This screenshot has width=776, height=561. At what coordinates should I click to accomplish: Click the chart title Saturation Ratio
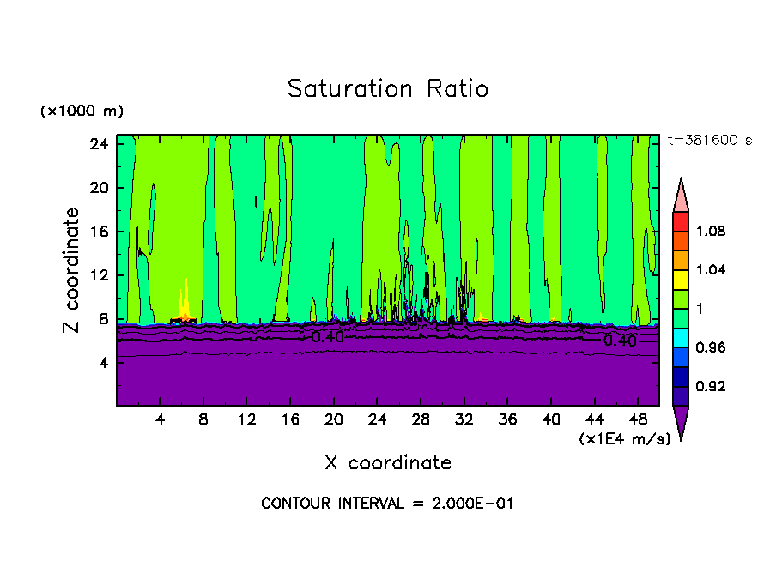tap(387, 89)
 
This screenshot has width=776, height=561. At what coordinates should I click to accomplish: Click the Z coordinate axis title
tap(72, 270)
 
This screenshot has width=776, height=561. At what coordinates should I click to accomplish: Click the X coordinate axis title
tap(387, 463)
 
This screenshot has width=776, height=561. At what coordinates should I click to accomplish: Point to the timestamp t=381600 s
tap(709, 141)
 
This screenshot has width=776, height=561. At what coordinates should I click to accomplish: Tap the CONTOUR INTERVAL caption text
tap(387, 504)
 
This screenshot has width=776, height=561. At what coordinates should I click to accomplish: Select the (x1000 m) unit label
tap(82, 112)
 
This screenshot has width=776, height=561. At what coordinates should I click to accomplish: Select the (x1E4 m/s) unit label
tap(624, 439)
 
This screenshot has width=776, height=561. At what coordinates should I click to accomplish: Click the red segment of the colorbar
tap(681, 220)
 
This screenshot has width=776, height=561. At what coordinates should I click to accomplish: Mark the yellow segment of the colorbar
tap(681, 279)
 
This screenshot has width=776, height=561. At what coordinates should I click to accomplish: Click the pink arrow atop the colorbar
tap(681, 196)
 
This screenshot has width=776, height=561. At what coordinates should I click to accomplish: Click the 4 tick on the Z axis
tap(103, 362)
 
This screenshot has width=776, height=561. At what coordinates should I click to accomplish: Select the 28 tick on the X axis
tap(420, 419)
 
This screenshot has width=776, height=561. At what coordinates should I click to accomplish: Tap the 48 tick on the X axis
tap(637, 419)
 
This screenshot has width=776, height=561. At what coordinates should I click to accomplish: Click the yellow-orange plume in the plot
tap(185, 305)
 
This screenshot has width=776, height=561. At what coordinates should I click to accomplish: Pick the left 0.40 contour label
tap(327, 337)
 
